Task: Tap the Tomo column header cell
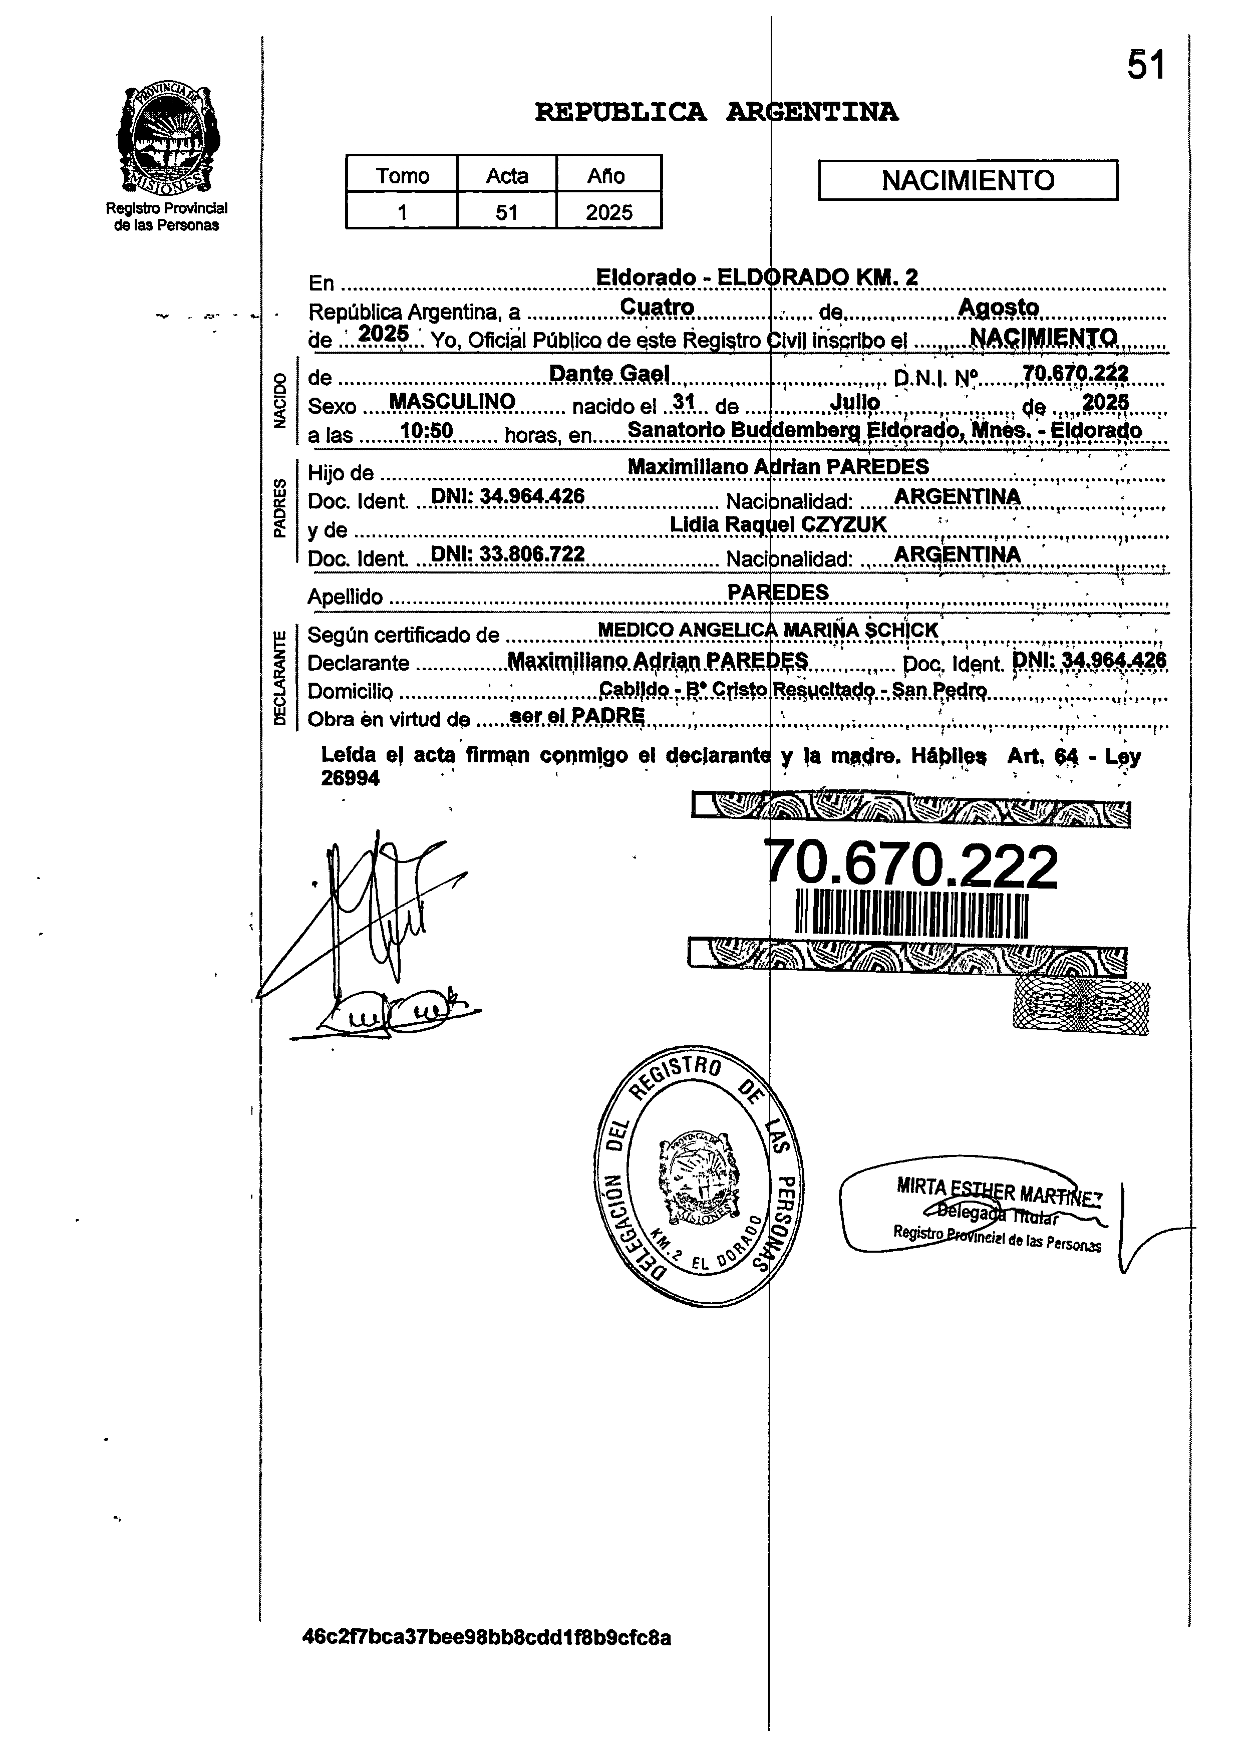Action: [402, 176]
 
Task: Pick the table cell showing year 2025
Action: [608, 212]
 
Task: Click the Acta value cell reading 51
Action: [506, 212]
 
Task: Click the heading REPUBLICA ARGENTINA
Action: [717, 113]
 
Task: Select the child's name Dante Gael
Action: [608, 374]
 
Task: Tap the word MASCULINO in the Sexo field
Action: [452, 401]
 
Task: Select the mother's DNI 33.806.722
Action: [508, 554]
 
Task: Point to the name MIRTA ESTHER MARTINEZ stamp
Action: [998, 1193]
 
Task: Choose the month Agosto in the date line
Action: [998, 308]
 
